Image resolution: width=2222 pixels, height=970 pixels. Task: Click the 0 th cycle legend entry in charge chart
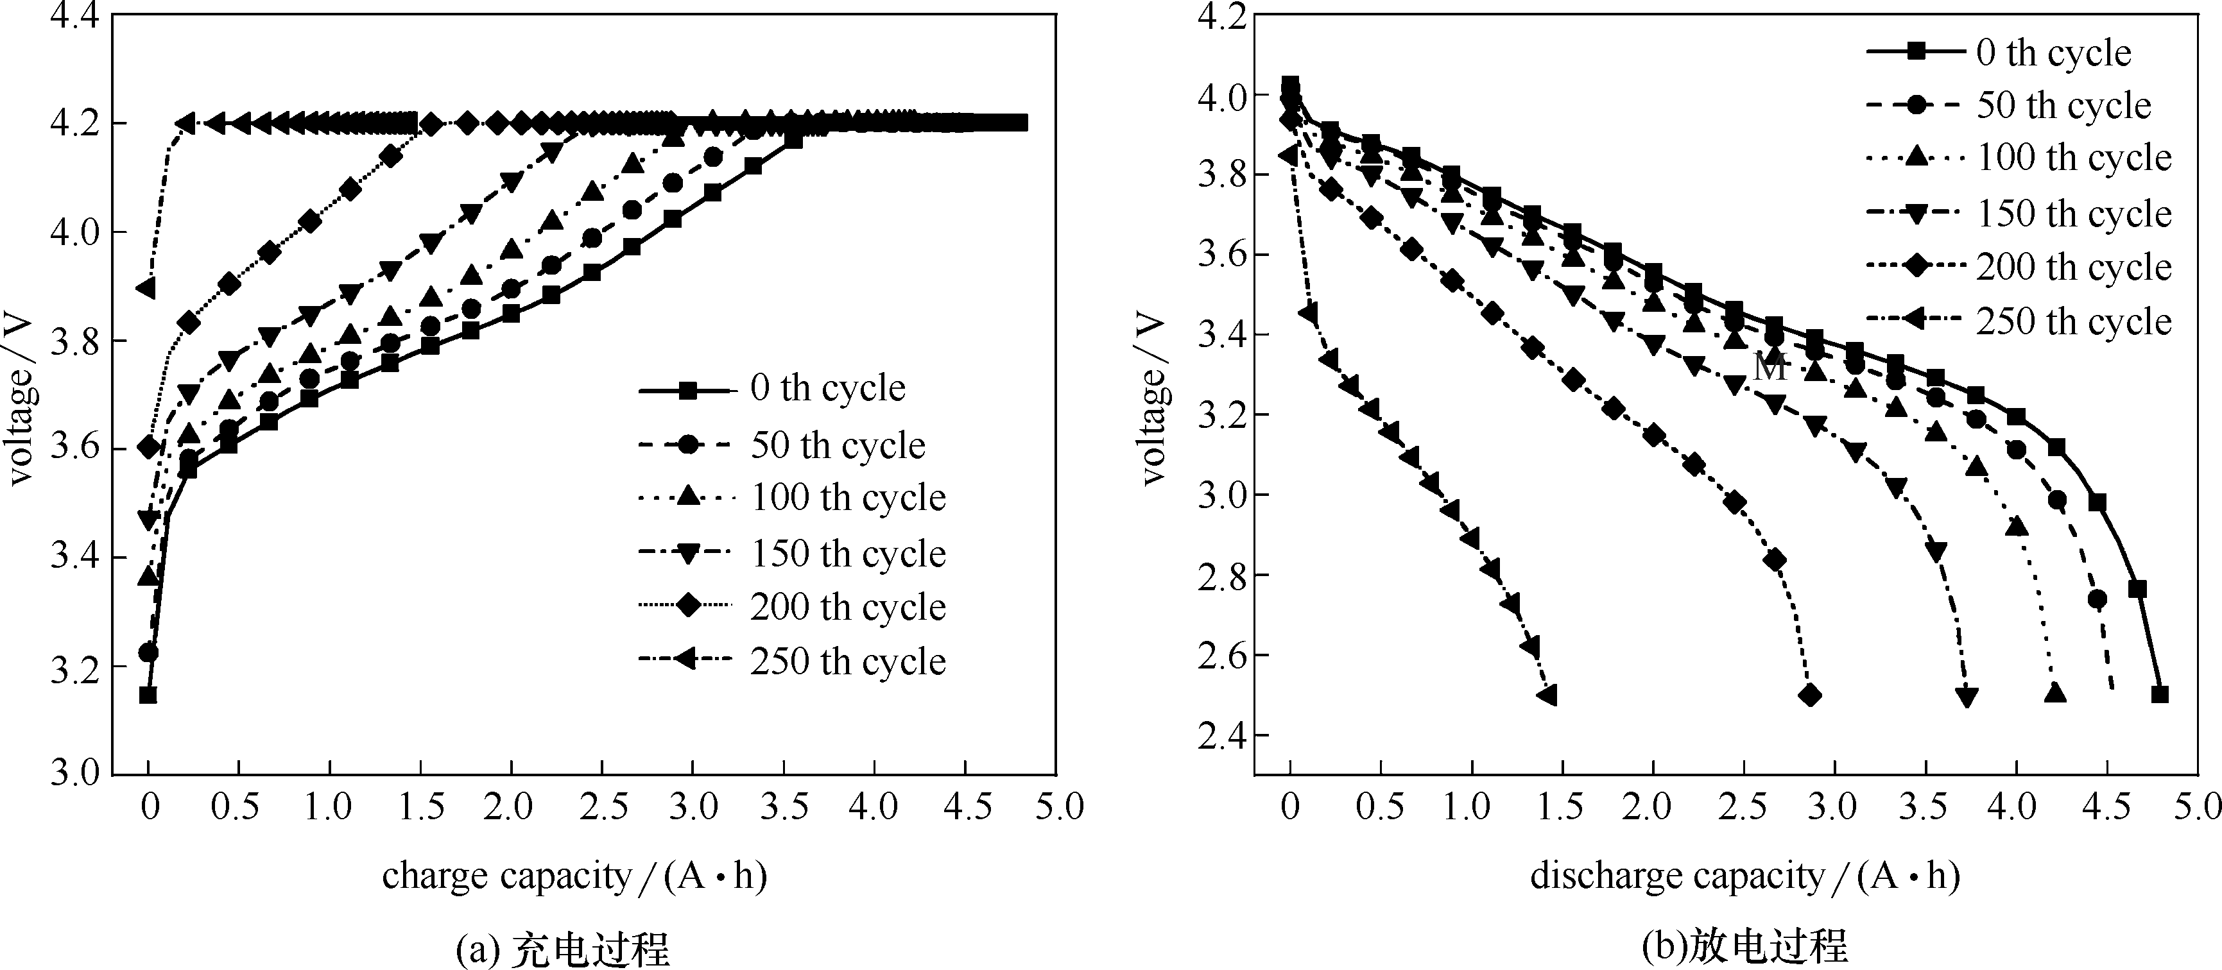click(826, 389)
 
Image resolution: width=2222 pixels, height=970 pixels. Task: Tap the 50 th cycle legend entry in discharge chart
click(2063, 106)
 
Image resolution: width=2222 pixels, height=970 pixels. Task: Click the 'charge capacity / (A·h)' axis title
click(574, 877)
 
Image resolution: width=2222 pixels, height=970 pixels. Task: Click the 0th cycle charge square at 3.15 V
click(148, 695)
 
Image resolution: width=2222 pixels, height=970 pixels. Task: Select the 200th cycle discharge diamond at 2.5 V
click(1811, 695)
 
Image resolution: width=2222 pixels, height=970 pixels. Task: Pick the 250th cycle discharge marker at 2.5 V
click(1547, 695)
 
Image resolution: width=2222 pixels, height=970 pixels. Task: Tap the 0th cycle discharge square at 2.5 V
click(2160, 694)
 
